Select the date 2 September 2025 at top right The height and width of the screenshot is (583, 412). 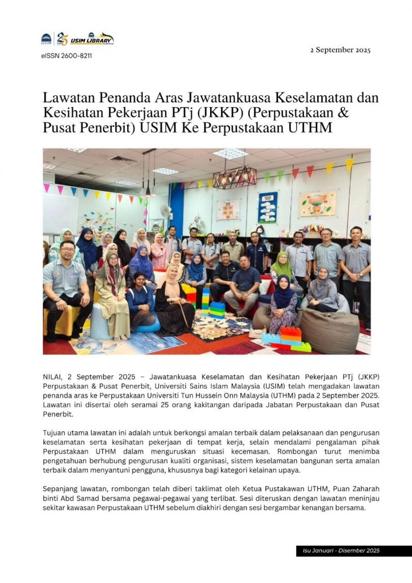coord(340,50)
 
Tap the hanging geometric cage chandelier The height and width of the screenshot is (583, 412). coord(234,177)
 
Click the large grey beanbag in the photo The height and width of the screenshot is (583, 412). coord(330,329)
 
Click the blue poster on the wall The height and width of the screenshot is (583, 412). coord(268,207)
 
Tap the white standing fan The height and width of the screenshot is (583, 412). coord(165,212)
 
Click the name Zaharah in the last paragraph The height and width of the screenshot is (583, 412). coord(364,488)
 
